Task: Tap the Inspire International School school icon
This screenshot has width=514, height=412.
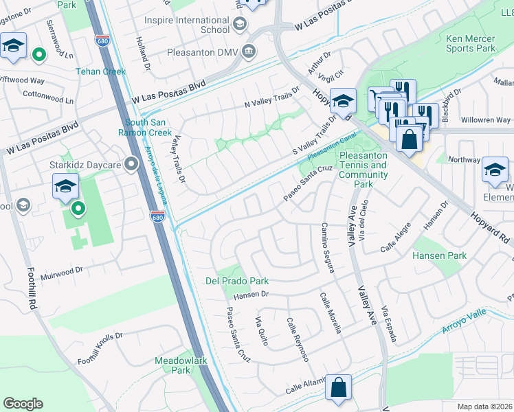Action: pyautogui.click(x=240, y=25)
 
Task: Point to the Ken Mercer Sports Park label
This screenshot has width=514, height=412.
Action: pyautogui.click(x=470, y=44)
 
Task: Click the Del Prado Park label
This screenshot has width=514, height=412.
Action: pyautogui.click(x=237, y=281)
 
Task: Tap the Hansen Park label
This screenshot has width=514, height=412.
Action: pyautogui.click(x=439, y=256)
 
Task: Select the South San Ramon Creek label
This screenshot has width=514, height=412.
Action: pyautogui.click(x=148, y=127)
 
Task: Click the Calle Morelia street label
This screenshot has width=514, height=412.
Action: pyautogui.click(x=330, y=312)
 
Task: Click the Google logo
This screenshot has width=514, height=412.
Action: pyautogui.click(x=23, y=404)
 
